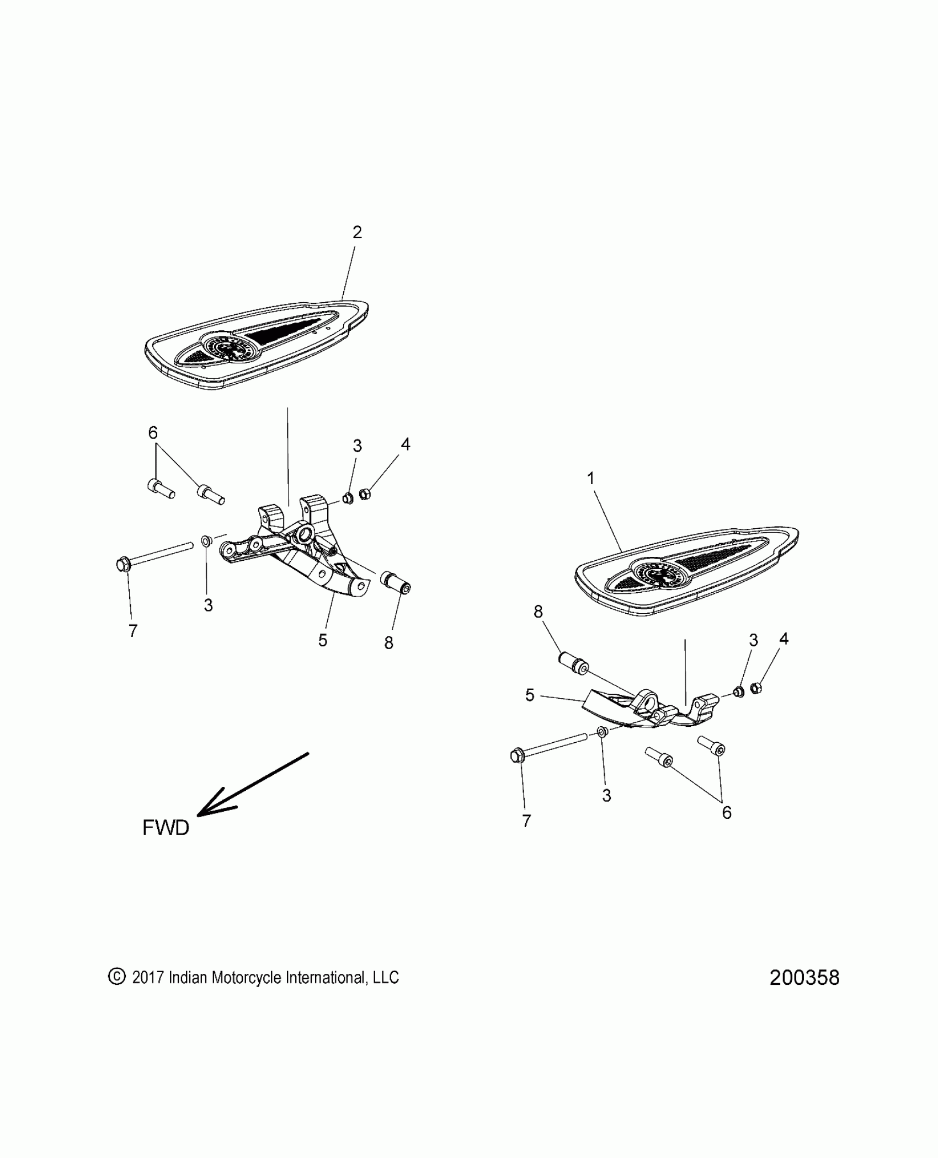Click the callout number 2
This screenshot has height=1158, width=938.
pyautogui.click(x=357, y=233)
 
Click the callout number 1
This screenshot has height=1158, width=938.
pyautogui.click(x=591, y=479)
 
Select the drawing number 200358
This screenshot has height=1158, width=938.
pyautogui.click(x=804, y=978)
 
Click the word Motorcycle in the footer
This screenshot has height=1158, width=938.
pyautogui.click(x=239, y=977)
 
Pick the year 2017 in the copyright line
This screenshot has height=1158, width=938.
pyautogui.click(x=148, y=977)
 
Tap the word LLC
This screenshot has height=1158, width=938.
pyautogui.click(x=386, y=977)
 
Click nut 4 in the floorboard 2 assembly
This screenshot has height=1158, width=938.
pyautogui.click(x=364, y=494)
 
